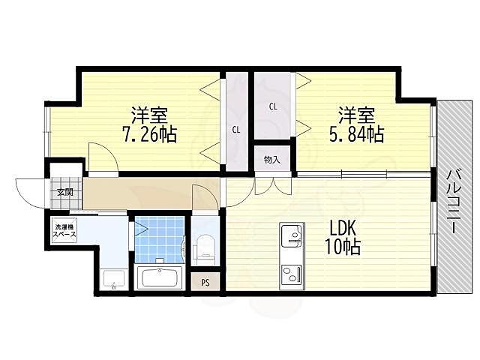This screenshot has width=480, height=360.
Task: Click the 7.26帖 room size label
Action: click(x=149, y=133)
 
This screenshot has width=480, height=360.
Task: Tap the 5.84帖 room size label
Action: click(x=356, y=133)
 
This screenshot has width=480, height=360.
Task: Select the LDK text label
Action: click(x=342, y=228)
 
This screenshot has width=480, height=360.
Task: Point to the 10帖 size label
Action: click(x=342, y=247)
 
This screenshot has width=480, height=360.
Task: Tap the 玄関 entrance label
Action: click(x=65, y=192)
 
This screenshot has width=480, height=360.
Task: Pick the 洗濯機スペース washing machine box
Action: click(x=64, y=230)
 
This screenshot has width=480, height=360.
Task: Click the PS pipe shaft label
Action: click(x=205, y=283)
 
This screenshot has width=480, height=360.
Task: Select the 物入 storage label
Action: click(x=272, y=160)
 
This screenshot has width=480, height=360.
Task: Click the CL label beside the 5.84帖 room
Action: click(x=273, y=106)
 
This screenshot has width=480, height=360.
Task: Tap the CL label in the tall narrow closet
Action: click(x=235, y=130)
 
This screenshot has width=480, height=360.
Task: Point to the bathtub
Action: click(x=160, y=277)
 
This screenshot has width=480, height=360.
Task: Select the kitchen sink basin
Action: click(x=292, y=235)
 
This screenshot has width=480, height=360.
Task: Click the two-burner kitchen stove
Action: click(x=292, y=274)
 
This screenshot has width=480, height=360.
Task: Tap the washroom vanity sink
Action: click(x=114, y=279)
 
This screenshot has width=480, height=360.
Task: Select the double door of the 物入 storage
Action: click(x=273, y=186)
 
